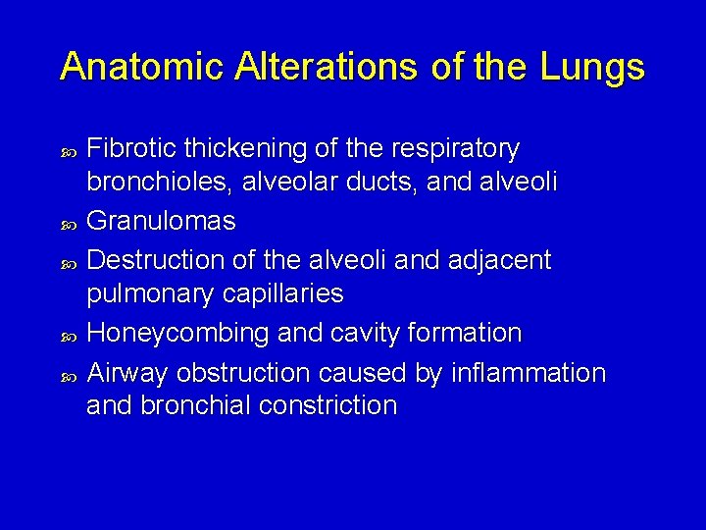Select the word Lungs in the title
pos(594,67)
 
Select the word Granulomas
pos(161,221)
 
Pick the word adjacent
pos(500,260)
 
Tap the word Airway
pos(121,373)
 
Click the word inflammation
pos(529,373)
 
